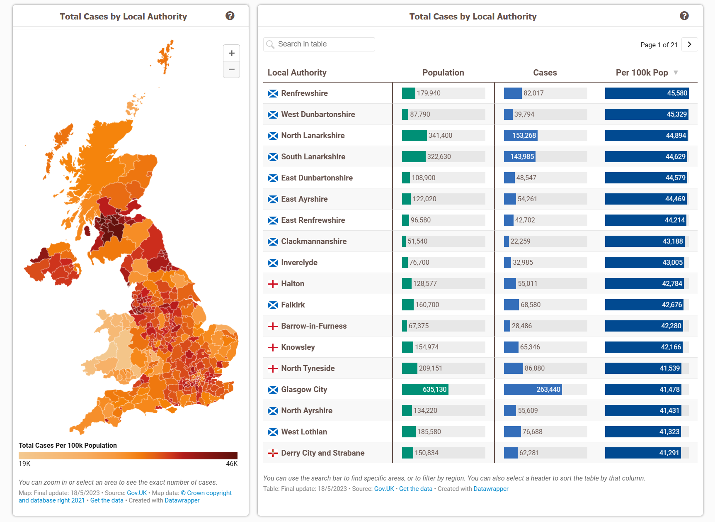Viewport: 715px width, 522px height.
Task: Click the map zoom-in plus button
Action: point(231,53)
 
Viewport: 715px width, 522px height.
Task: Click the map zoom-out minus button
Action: point(231,69)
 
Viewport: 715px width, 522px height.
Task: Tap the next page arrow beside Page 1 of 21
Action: point(689,44)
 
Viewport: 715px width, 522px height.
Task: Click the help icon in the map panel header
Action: point(230,16)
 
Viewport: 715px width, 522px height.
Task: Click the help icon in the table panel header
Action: point(684,16)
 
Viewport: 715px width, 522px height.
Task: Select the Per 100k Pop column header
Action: point(642,73)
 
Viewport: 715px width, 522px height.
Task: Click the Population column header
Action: point(443,73)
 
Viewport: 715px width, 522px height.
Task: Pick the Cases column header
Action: point(545,73)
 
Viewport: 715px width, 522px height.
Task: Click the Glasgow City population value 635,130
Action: point(434,390)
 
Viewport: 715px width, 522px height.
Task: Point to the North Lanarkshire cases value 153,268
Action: point(524,136)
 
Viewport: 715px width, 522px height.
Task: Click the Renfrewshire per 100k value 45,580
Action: point(677,93)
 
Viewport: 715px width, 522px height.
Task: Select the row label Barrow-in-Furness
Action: point(314,326)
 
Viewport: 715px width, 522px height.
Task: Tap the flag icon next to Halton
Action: point(273,284)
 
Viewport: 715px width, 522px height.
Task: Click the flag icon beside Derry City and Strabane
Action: point(273,453)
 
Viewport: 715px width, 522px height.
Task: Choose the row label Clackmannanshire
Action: point(314,241)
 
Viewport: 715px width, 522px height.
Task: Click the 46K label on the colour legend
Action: point(232,463)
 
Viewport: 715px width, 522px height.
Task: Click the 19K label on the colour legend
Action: point(24,463)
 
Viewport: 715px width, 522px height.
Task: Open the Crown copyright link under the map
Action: point(206,493)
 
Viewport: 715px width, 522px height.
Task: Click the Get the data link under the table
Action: point(415,489)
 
